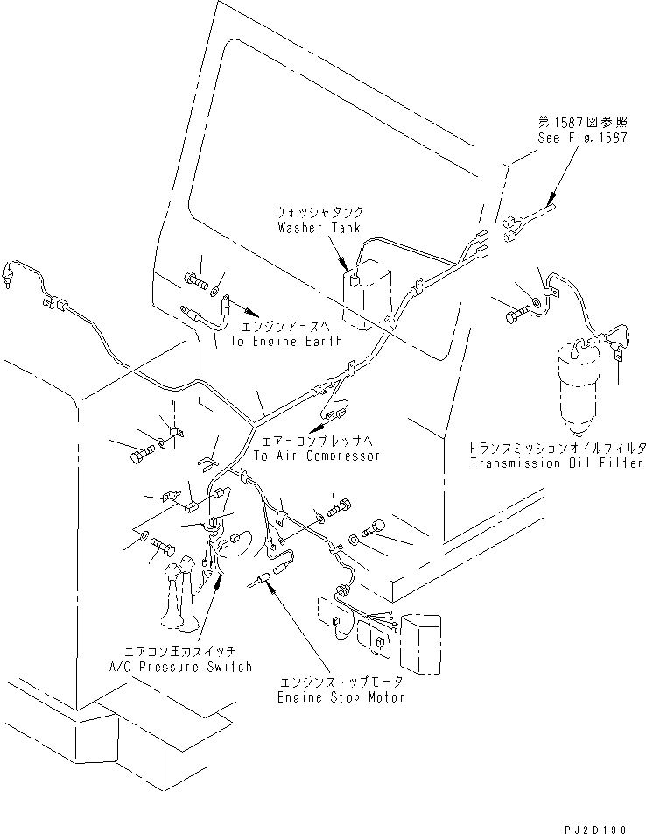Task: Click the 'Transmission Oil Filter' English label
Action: coord(558,462)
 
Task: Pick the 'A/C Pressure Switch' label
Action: coord(189,667)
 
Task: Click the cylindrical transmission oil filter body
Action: coord(579,385)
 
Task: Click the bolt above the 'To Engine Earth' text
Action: coord(196,282)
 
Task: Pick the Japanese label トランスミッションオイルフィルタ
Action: coord(558,448)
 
